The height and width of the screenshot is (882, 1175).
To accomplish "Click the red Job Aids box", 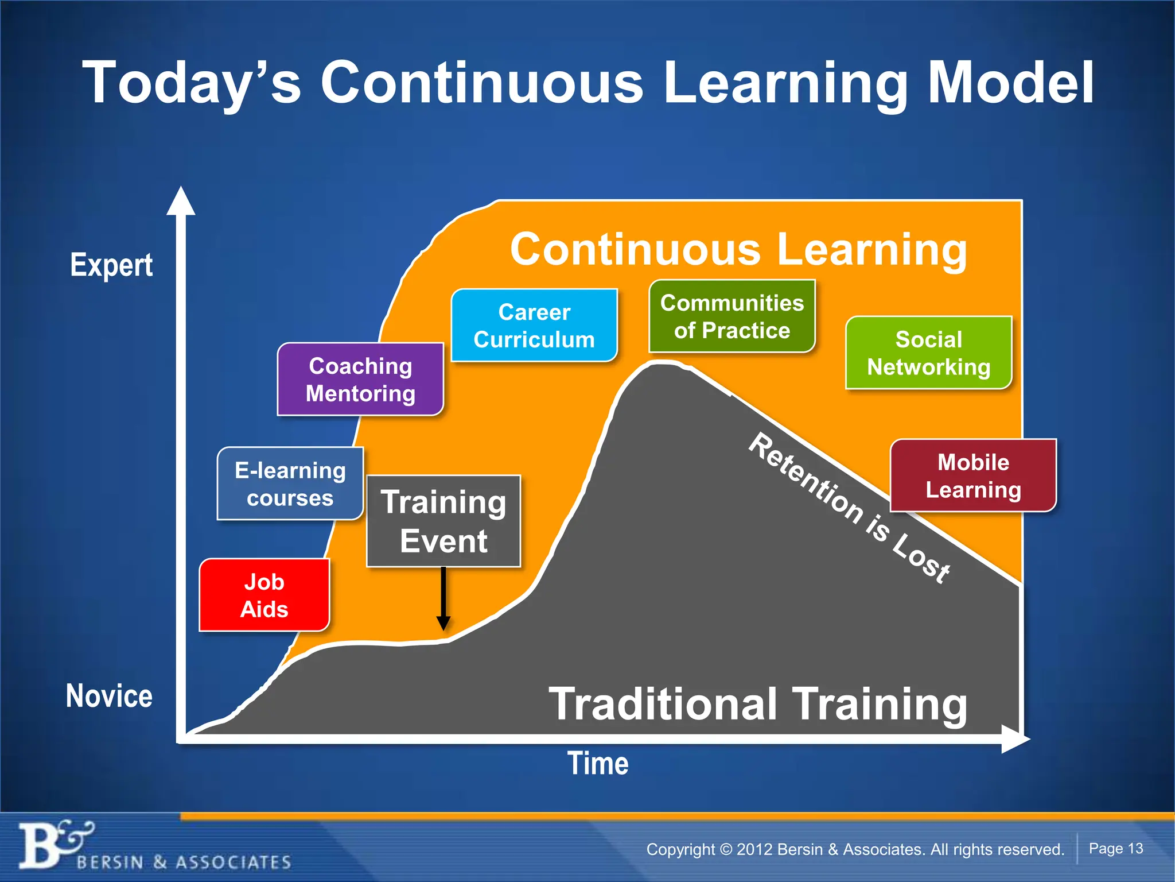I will coord(264,595).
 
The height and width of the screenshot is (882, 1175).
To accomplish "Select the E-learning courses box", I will coord(290,483).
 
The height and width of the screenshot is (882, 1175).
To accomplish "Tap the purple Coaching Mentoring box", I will coord(360,379).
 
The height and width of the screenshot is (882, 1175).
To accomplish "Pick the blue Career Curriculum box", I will coord(534,325).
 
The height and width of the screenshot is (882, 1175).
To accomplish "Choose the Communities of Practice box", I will coord(732,316).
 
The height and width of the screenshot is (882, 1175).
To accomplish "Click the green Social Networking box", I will coord(928,353).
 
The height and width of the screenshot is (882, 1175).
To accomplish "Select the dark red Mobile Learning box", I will coord(973,475).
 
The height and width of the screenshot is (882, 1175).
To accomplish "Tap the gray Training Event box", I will coord(443,521).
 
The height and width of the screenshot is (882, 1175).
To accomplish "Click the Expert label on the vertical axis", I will coord(111,265).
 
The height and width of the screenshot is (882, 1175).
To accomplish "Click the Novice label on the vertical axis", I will coord(109,695).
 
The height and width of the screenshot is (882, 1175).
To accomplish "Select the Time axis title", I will coord(598,763).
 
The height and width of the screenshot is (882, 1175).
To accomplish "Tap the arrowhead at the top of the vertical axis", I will coord(181,201).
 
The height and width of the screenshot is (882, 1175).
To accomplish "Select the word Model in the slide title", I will coord(1011,83).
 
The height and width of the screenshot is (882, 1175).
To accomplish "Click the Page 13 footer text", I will coord(1115,848).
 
